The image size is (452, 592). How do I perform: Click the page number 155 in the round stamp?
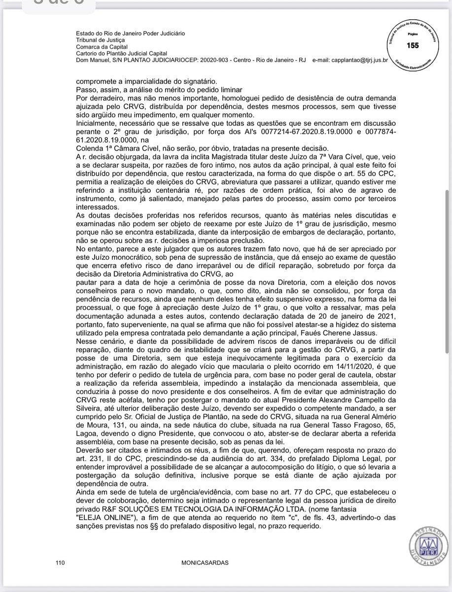point(412,45)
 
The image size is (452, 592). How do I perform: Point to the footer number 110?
point(61,562)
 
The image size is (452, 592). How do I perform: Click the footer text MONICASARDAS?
point(205,562)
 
